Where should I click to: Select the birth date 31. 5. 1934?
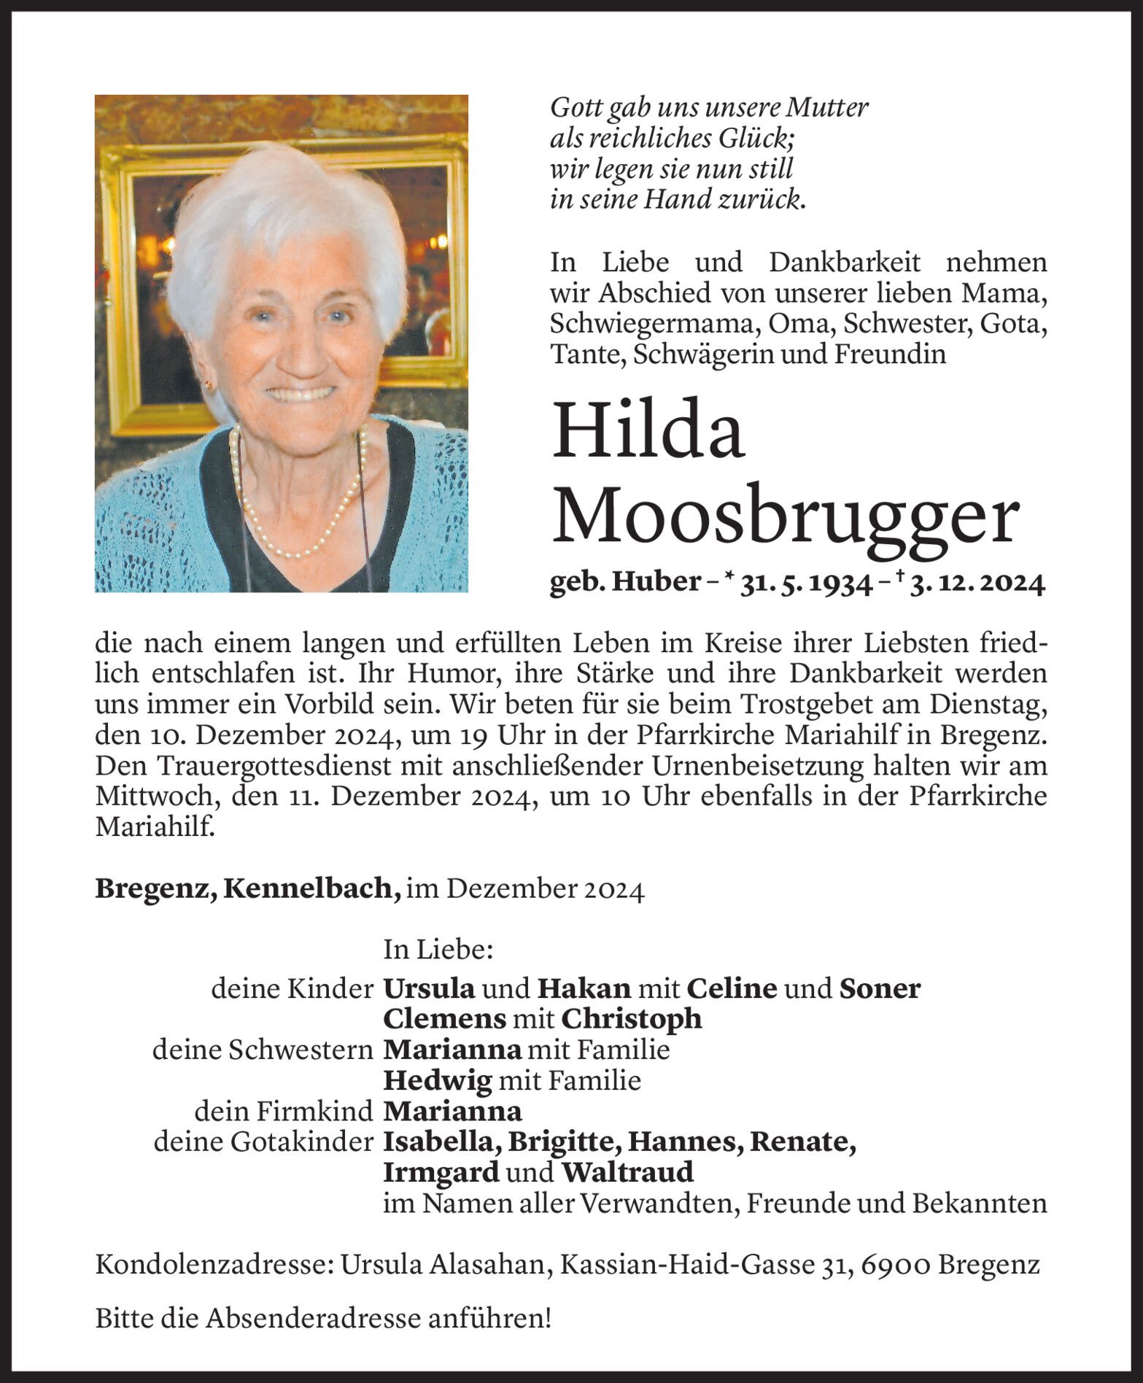(806, 583)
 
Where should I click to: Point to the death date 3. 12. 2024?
(977, 583)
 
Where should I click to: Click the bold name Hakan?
(584, 988)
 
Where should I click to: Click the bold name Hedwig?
(438, 1080)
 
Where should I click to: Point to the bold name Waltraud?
(627, 1172)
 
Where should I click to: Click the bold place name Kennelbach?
(311, 888)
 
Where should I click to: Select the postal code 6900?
(895, 1264)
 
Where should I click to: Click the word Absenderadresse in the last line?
(313, 1318)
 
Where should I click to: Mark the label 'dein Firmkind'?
(284, 1111)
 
